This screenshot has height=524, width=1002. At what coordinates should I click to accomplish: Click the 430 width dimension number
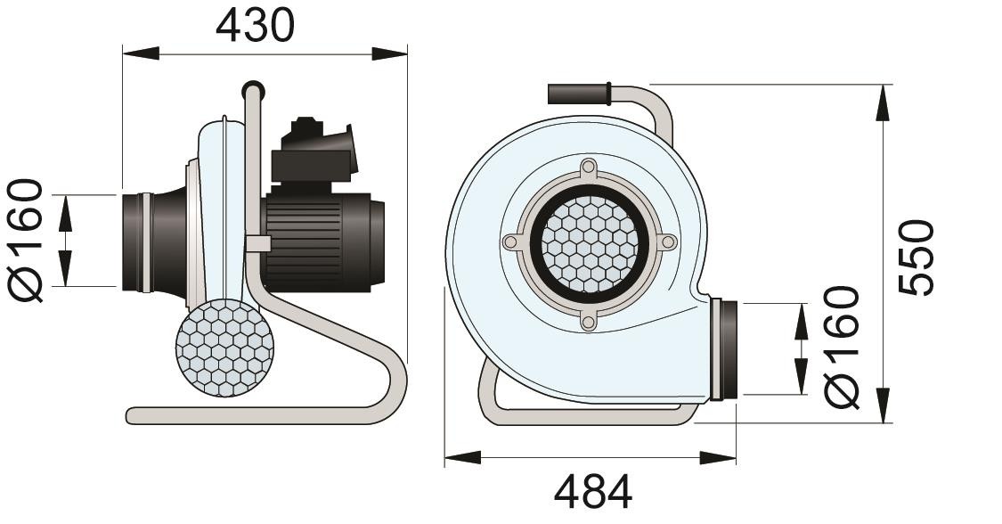255,26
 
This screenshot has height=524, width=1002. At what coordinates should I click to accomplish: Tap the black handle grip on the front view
577,93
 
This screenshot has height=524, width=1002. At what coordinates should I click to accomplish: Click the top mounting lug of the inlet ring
587,168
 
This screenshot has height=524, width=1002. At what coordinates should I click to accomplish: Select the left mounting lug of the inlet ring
510,242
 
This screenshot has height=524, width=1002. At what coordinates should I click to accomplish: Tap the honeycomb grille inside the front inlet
587,243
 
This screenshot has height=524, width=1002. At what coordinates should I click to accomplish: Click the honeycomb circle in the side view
224,348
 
